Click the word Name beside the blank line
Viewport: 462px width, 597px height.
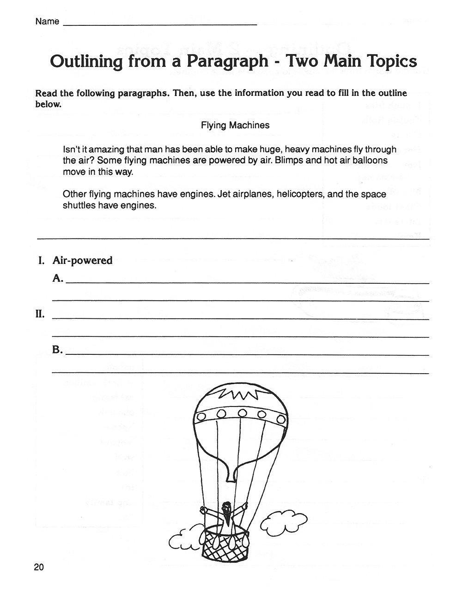coord(47,21)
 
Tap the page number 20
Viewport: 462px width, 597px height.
coord(38,567)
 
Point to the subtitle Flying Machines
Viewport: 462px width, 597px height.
coord(235,125)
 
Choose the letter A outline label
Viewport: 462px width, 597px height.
coord(58,278)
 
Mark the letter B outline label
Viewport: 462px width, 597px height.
coord(57,350)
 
